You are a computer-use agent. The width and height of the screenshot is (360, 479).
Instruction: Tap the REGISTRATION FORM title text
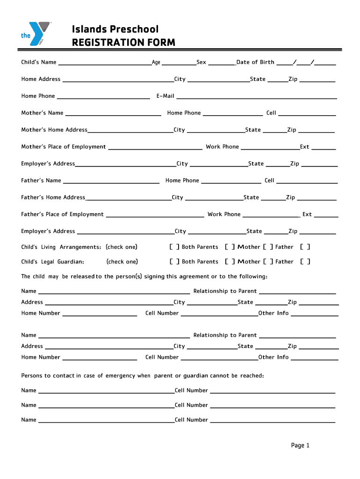pos(123,43)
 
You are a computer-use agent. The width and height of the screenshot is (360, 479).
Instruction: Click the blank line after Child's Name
pos(104,63)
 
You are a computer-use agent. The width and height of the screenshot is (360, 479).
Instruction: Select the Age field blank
pos(179,63)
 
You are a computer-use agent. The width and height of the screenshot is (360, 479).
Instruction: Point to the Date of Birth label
pos(255,62)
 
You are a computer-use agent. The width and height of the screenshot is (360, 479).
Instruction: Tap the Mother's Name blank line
pos(113,114)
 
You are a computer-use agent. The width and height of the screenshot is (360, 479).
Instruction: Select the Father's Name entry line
pos(111,181)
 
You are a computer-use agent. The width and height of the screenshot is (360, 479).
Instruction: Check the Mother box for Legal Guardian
pos(230,262)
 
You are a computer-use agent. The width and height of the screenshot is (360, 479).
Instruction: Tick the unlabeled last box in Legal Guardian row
pos(305,262)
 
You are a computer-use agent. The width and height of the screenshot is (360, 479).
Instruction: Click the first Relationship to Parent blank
pos(297,292)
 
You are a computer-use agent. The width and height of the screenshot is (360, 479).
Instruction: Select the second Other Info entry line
pos(315,358)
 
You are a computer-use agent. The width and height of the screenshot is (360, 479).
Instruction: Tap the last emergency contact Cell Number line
pos(273,421)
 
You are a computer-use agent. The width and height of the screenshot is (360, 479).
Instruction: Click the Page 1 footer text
pos(300,446)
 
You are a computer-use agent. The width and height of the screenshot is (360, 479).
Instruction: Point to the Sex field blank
pos(221,63)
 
